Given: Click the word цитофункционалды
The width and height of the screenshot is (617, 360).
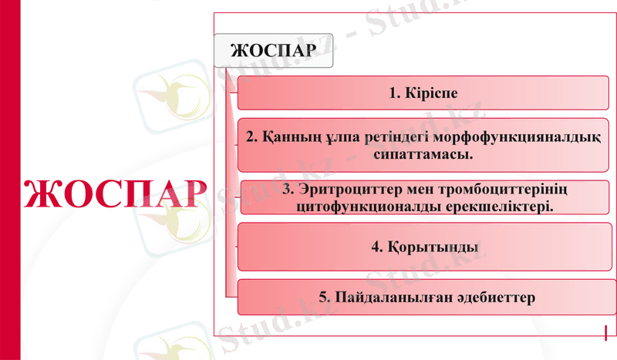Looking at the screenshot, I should (x=356, y=207).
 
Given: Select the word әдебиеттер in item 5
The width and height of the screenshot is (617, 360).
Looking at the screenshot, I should (x=491, y=297).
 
